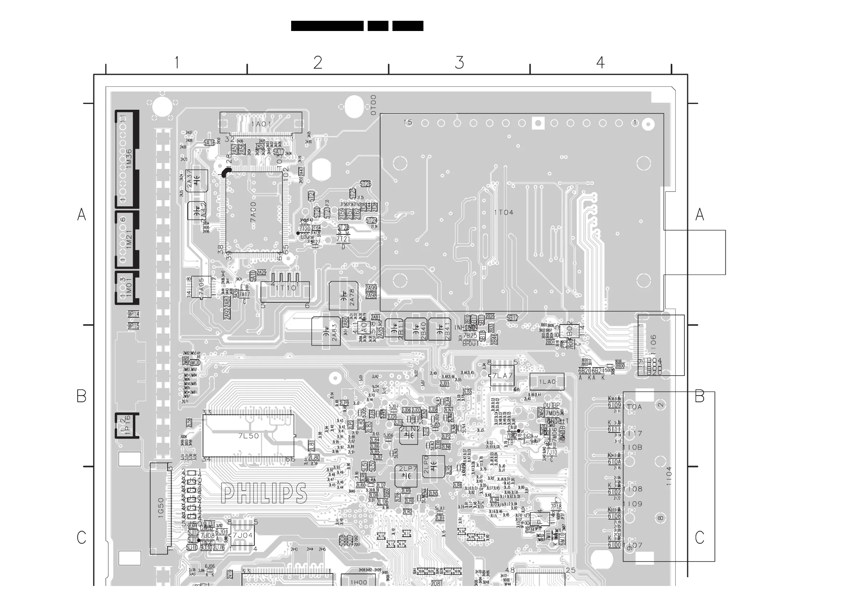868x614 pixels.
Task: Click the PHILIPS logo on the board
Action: [264, 493]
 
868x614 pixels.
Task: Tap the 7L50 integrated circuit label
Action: [249, 436]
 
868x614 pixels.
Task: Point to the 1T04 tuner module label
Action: [504, 213]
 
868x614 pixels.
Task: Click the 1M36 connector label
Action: [129, 159]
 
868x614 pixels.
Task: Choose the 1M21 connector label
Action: [129, 239]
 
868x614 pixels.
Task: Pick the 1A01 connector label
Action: [261, 124]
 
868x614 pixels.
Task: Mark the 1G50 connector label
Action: [161, 508]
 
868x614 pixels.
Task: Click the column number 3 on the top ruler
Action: [460, 63]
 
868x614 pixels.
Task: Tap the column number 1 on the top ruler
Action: [176, 63]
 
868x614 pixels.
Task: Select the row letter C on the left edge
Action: [82, 537]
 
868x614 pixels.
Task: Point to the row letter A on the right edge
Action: [700, 215]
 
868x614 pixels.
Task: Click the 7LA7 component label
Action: [502, 376]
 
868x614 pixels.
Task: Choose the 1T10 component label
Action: [286, 288]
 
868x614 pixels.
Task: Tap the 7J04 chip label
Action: [242, 535]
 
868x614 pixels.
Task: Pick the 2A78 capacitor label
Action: [352, 297]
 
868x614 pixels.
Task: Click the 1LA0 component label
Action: [547, 382]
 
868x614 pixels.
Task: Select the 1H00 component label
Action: [359, 582]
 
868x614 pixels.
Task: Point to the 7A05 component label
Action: [201, 288]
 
